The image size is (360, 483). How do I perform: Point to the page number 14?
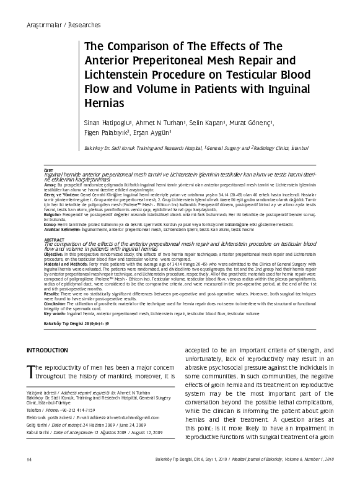tap(29, 476)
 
